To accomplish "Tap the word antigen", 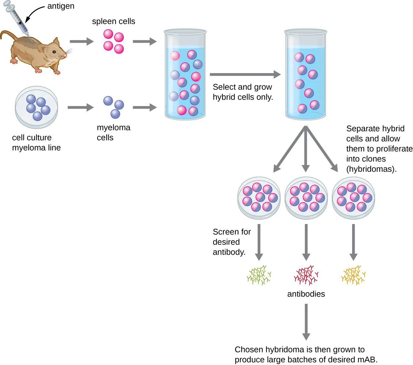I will coord(61,6).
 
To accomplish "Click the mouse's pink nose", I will coord(65,56).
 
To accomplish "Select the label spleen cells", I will coord(114,22).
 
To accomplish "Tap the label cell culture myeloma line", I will coord(36,143).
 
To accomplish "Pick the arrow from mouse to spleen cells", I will coord(81,41).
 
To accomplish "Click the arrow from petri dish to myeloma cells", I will coord(80,108).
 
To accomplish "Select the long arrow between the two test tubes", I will coord(245,74).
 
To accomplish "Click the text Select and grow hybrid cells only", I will coord(243,92).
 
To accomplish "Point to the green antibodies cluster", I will coord(259,275).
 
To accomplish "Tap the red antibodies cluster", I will coord(306,275).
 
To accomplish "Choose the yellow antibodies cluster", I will coord(353,275).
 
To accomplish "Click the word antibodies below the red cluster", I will coord(306,294).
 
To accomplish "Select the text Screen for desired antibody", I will coord(231,242).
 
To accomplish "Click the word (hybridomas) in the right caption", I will coord(371,169).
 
